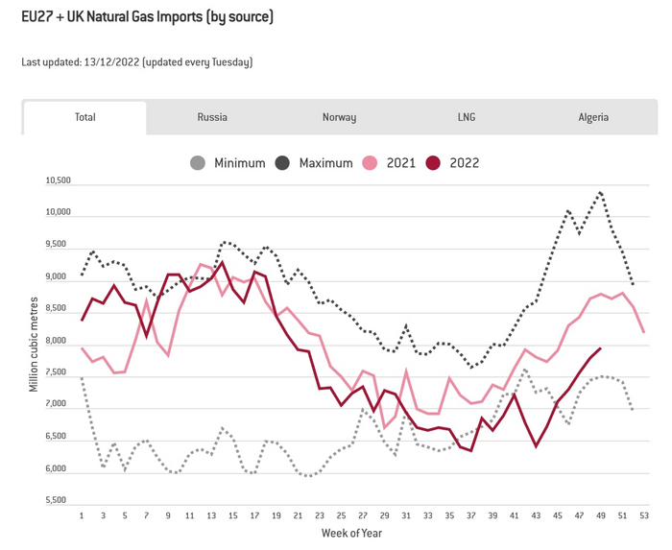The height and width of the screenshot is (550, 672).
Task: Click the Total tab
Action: point(85,117)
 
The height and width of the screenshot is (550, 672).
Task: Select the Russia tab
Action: point(212,117)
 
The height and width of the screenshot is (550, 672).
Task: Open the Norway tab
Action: point(339,117)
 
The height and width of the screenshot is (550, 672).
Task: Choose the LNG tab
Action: point(467,117)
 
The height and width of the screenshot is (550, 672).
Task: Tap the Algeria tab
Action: point(593,117)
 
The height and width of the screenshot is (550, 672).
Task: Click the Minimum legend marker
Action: point(198,163)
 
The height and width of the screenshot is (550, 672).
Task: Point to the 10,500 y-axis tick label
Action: point(59,179)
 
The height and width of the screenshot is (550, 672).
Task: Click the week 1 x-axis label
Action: point(82,516)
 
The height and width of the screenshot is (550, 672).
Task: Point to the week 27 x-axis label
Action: point(362,516)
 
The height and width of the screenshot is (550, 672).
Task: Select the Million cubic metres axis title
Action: point(33,341)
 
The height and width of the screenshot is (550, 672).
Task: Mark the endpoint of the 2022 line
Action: point(600,348)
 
